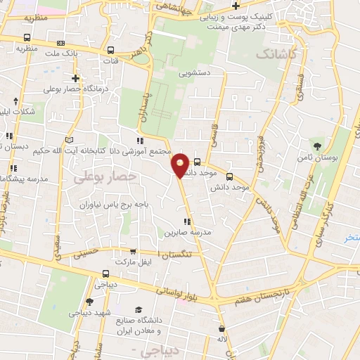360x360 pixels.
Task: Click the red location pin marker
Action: coord(181,165)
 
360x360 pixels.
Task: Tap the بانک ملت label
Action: coord(62,53)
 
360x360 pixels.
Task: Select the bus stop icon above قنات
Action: coord(111,51)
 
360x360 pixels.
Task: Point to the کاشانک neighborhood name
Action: coord(277,53)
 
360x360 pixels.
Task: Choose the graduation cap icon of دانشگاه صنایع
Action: coord(139,309)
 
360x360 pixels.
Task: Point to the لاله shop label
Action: coord(222,340)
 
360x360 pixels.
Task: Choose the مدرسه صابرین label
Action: coord(188,232)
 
